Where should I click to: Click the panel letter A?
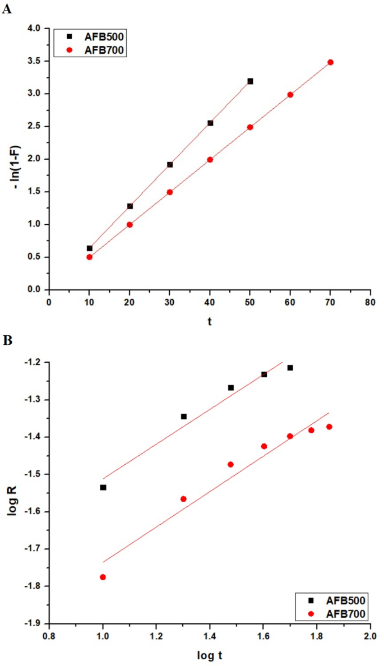pyautogui.click(x=7, y=10)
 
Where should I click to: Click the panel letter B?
pyautogui.click(x=7, y=340)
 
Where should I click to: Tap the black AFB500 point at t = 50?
pyautogui.click(x=250, y=81)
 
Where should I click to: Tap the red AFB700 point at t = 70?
pyautogui.click(x=330, y=62)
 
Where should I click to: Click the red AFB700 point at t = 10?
pyautogui.click(x=89, y=257)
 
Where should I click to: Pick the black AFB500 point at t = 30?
pyautogui.click(x=170, y=165)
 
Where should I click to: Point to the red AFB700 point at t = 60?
pyautogui.click(x=290, y=95)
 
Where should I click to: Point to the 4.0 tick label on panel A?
pyautogui.click(x=35, y=28)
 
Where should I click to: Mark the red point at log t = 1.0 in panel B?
pyautogui.click(x=103, y=577)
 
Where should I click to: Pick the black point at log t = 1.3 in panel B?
pyautogui.click(x=183, y=417)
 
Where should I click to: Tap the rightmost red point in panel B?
pyautogui.click(x=329, y=427)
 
